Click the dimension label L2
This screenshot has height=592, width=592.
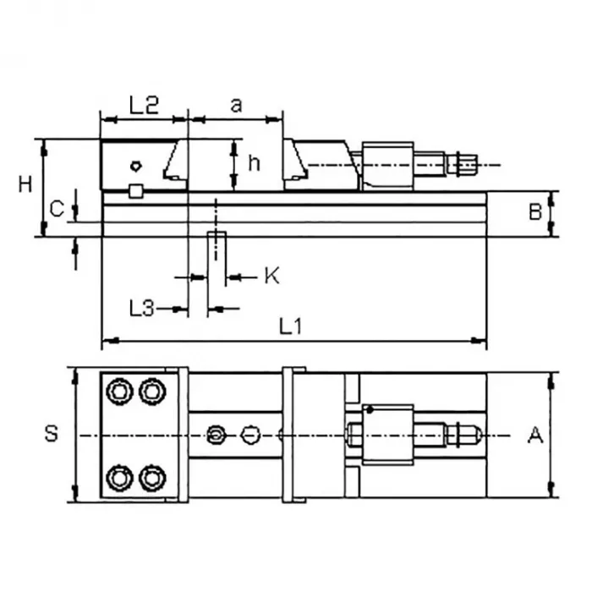[144, 106]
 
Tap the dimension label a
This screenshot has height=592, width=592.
[236, 106]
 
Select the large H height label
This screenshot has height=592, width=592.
[25, 184]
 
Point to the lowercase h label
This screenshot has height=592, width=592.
[254, 162]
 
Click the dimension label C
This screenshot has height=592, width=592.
[57, 209]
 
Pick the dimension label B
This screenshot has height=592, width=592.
[535, 212]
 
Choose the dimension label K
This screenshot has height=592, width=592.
[271, 276]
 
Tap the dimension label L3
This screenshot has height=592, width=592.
[141, 308]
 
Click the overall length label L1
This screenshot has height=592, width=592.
[290, 326]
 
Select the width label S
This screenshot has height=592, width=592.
[52, 433]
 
